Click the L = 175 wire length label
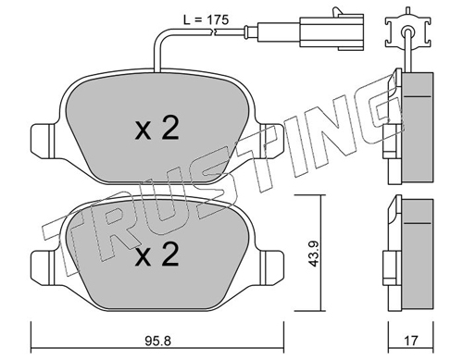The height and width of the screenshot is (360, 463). [x=206, y=19]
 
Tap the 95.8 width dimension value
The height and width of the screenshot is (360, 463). [x=157, y=341]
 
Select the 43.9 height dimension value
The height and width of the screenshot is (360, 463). [x=314, y=254]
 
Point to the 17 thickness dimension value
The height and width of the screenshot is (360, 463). [x=411, y=341]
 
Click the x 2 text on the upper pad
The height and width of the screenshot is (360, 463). [x=157, y=130]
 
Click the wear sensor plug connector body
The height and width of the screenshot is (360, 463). [x=332, y=31]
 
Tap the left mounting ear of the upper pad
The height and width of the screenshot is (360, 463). [x=44, y=141]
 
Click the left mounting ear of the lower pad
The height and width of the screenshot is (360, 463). [x=44, y=268]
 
